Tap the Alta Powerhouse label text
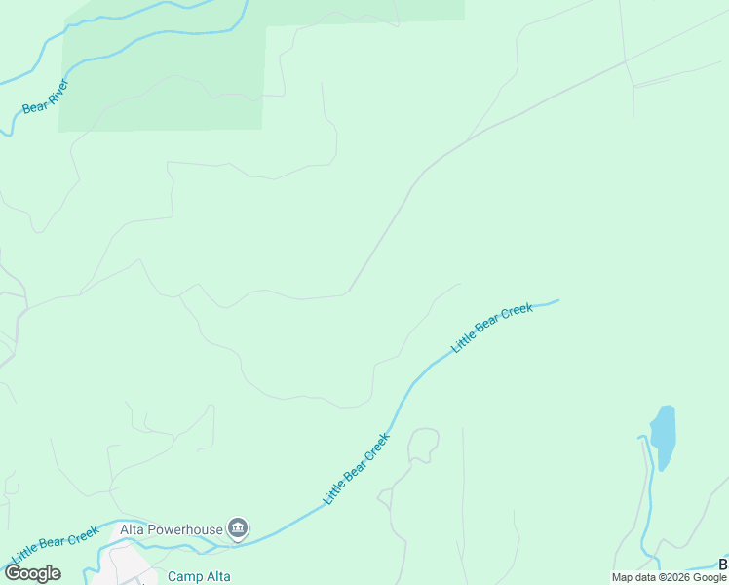[172, 529]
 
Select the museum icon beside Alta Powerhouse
[238, 529]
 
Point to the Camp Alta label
[199, 576]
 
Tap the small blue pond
[663, 435]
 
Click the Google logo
[32, 572]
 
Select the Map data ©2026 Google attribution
[669, 577]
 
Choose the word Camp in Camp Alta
[183, 576]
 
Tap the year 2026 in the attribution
[678, 577]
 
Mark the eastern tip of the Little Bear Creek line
[558, 300]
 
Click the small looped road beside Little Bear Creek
[424, 444]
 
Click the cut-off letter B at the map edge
[724, 565]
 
